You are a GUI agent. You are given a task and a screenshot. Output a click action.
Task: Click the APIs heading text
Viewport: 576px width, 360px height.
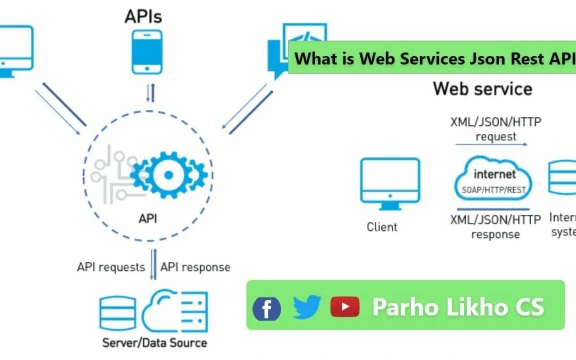point(143,16)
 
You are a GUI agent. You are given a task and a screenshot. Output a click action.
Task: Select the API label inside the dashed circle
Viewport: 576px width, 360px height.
point(148,218)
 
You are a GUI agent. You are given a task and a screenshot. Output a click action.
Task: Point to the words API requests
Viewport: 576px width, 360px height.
point(111,267)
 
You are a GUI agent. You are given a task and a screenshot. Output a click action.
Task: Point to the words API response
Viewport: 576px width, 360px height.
point(195,267)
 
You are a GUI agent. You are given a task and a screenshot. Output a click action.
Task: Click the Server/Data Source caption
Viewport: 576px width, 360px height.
point(155,342)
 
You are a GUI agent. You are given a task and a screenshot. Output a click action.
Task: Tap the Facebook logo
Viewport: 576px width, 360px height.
point(267,308)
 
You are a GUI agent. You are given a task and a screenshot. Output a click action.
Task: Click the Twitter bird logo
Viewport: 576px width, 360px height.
point(307,307)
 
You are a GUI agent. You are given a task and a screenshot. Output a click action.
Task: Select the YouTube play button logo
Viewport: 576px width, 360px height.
point(345,306)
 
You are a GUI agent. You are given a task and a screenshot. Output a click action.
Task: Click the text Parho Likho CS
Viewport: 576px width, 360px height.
point(458,306)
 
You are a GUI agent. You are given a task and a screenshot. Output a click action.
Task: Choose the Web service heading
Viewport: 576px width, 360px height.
point(482,88)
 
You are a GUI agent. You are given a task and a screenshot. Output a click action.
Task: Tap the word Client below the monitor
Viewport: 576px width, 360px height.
point(382,227)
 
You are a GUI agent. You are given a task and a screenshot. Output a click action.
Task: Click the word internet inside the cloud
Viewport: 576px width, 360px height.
point(494,174)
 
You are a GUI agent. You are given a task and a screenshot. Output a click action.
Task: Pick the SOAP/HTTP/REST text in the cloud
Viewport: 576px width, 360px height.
point(493,190)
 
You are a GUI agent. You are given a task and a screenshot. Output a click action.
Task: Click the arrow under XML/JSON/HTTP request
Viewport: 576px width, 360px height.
point(491,144)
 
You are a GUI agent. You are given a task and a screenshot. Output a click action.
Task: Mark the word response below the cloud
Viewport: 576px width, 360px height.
point(495,234)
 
